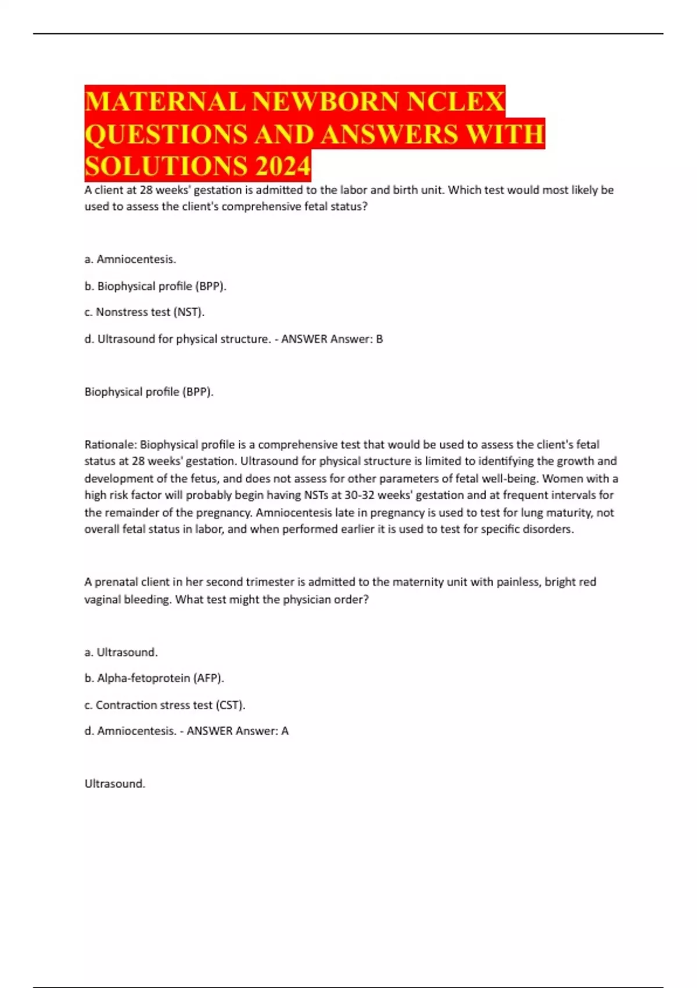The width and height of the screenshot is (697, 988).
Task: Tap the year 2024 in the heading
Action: pos(283,166)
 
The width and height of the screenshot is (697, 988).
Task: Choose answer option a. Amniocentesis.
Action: pos(130,259)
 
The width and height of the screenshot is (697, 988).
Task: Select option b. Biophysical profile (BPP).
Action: pos(155,286)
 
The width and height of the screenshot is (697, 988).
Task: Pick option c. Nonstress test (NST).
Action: pos(144,312)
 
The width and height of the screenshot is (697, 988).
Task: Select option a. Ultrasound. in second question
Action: pos(121,652)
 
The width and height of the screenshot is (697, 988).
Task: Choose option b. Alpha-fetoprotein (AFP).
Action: pos(154,678)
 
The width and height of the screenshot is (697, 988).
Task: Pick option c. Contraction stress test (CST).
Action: pos(164,705)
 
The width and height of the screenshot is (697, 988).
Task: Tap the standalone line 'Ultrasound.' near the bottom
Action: pos(115,783)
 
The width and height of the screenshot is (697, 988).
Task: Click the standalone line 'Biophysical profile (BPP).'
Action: pos(149,392)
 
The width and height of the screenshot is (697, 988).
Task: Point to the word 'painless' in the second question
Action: pos(518,582)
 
